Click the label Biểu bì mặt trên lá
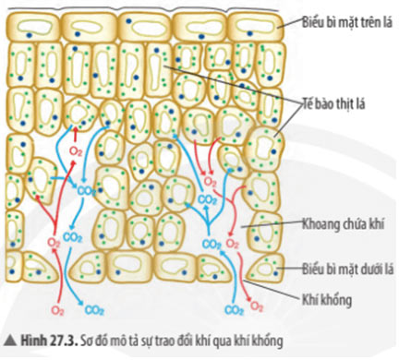click(x=343, y=19)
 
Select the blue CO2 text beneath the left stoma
click(x=94, y=311)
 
